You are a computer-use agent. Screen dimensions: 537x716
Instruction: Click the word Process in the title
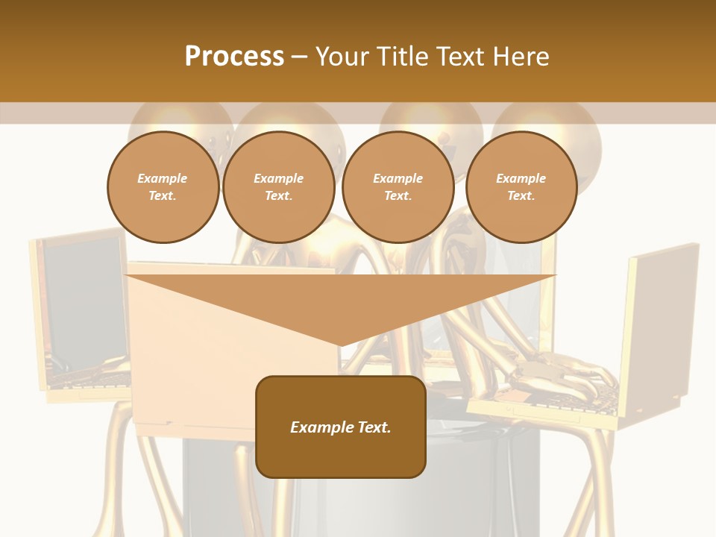pos(234,57)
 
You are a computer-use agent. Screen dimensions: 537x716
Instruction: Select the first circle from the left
pos(163,187)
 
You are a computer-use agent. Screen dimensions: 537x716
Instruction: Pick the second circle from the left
pos(278,187)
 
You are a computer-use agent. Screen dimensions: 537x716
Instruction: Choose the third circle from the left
pos(398,187)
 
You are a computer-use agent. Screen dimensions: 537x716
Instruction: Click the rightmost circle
pos(521,187)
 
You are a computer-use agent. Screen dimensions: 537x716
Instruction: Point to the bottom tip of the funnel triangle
pos(341,345)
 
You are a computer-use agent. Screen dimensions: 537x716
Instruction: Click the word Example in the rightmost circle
pos(521,178)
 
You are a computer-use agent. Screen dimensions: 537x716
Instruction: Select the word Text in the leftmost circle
pos(162,196)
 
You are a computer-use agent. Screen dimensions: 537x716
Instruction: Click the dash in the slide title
pos(299,57)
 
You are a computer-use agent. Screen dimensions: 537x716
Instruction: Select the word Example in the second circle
pos(278,178)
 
